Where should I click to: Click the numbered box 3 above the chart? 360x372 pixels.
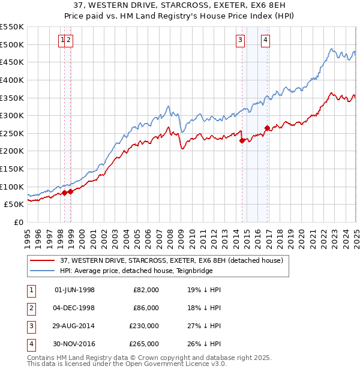(x=240, y=40)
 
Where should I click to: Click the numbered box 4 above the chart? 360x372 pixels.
(x=265, y=40)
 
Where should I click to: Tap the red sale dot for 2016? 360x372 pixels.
(x=267, y=127)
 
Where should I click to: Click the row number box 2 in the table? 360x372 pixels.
(x=31, y=308)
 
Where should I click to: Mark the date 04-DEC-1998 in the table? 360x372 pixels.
(x=74, y=308)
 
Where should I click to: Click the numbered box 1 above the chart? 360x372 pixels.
(x=62, y=40)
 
